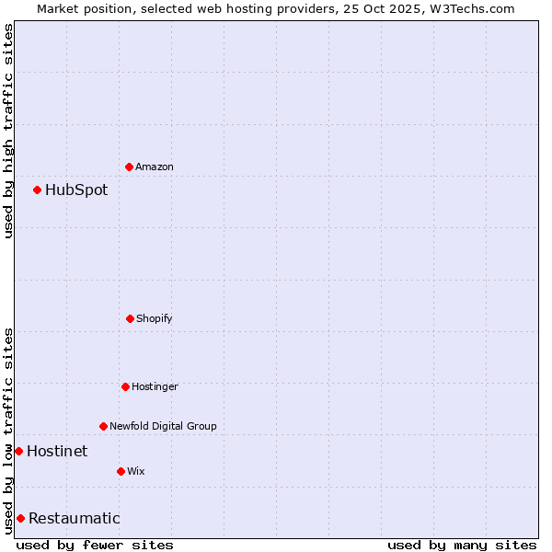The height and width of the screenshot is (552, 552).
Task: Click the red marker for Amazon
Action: coord(130,167)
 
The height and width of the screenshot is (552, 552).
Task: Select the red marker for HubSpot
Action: coord(37,190)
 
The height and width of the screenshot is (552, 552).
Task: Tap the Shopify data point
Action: coord(130,318)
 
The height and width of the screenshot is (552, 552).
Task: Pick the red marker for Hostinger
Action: coord(125,386)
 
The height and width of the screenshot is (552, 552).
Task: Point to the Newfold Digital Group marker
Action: coord(103,426)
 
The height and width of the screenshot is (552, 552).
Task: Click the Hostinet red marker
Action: coord(18,451)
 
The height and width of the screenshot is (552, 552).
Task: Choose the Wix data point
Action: coord(121,471)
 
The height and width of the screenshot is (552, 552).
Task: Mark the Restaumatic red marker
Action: coord(20,518)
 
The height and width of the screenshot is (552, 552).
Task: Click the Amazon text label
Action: coord(155,167)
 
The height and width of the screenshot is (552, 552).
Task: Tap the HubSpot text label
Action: coord(76,190)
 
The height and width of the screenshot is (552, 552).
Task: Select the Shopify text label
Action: coord(155,318)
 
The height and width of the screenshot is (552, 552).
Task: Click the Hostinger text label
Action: coord(155,386)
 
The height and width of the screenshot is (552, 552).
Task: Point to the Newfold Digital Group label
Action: coord(163,426)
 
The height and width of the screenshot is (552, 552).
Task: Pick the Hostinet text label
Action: coord(57,451)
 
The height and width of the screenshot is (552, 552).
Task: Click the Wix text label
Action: coord(136,471)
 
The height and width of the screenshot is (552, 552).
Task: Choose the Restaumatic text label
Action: coord(74,518)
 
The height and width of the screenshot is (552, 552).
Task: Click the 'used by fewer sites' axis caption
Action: coord(95,545)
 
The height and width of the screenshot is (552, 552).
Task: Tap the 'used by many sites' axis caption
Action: coord(462,545)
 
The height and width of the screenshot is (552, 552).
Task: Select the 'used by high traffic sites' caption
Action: coord(8,131)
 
